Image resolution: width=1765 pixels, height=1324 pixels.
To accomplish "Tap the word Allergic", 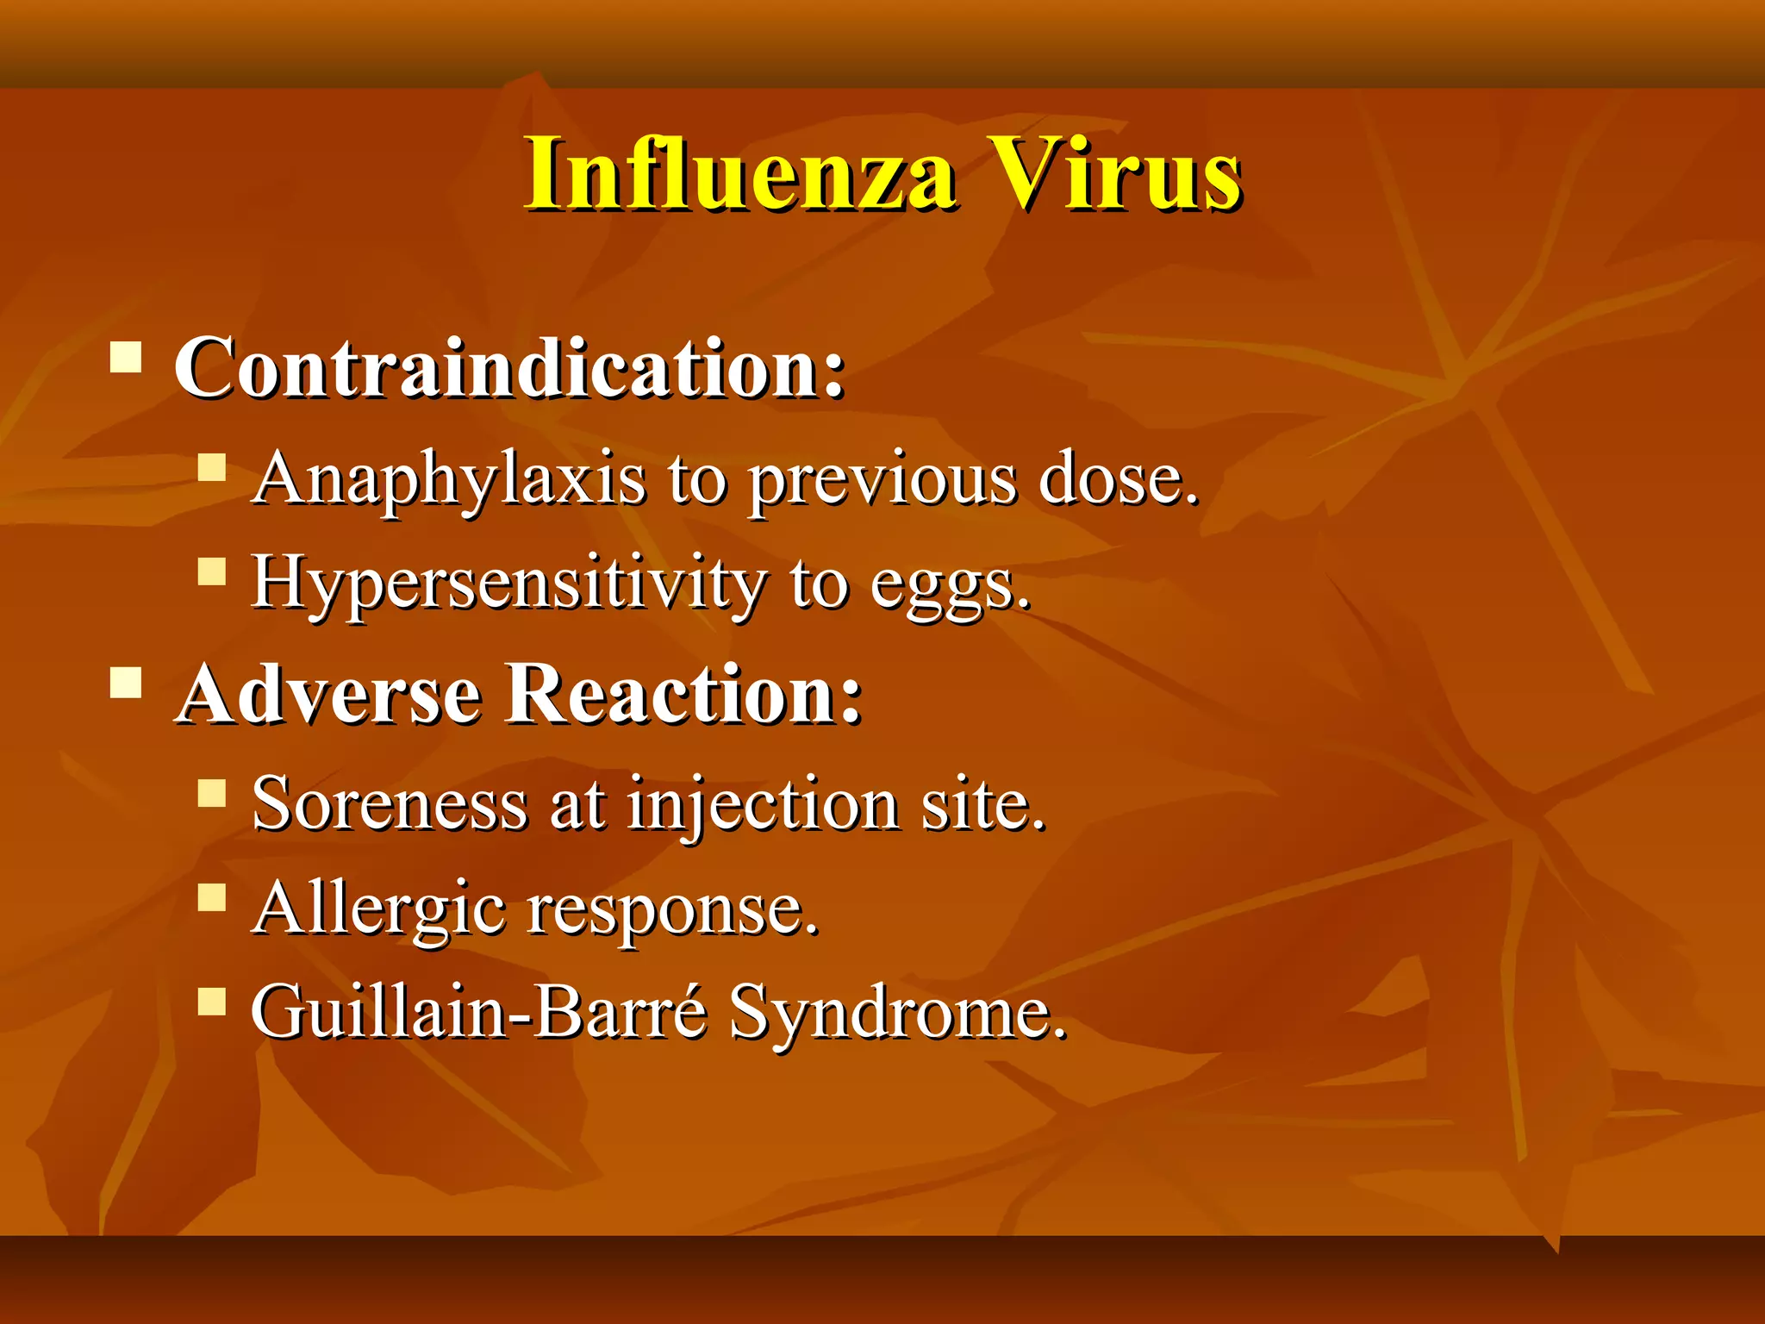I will click(379, 910).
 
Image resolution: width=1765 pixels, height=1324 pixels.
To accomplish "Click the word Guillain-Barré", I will click(479, 1012).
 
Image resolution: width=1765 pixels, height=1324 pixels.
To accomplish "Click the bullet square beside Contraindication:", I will click(127, 356).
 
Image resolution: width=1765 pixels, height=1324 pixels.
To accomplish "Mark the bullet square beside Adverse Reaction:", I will click(127, 682).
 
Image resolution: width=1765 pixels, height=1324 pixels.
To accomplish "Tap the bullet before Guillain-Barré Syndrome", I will click(211, 1002).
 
